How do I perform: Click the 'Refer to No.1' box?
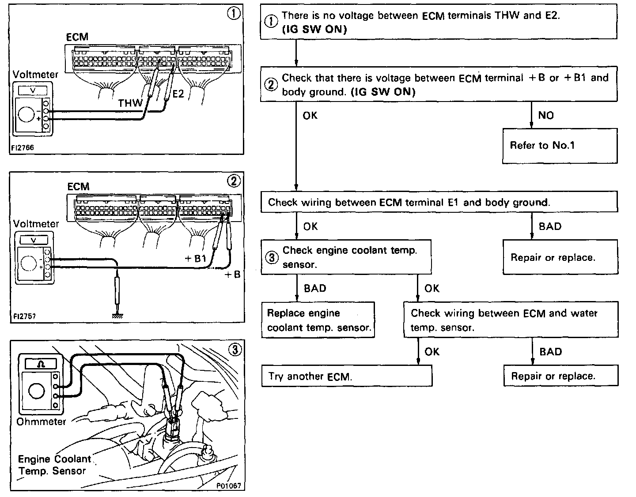(x=560, y=146)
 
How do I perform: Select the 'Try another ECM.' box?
(x=347, y=377)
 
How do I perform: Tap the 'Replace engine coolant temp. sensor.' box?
(x=318, y=320)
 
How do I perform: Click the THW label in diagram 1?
(x=130, y=103)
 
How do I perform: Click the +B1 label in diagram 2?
(x=196, y=259)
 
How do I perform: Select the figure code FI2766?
(x=23, y=148)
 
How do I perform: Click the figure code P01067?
(x=228, y=486)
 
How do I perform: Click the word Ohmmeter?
(x=41, y=422)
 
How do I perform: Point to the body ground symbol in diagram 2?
(x=117, y=315)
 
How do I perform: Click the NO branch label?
(x=546, y=115)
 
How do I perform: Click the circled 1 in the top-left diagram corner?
(x=234, y=14)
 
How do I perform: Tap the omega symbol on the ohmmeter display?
(x=41, y=364)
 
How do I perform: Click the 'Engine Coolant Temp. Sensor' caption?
(x=54, y=465)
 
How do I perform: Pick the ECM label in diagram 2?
(x=78, y=187)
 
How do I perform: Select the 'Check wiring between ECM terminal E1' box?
(x=439, y=203)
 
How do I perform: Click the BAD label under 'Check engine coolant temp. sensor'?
(x=315, y=288)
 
